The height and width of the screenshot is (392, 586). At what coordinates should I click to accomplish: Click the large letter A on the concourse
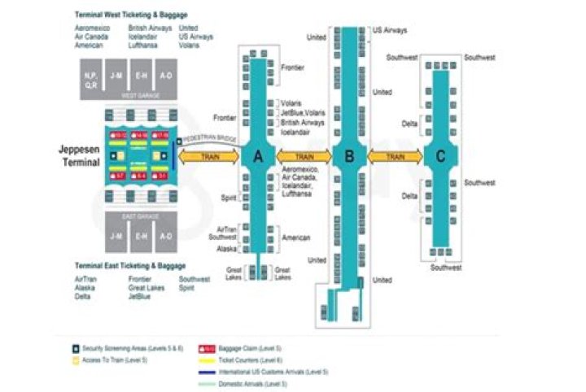(x=258, y=158)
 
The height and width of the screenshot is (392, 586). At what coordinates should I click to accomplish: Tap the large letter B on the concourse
(x=349, y=158)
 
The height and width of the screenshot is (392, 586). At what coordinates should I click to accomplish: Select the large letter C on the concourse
(x=440, y=158)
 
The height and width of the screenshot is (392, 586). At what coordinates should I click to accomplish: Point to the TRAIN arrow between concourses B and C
(x=397, y=156)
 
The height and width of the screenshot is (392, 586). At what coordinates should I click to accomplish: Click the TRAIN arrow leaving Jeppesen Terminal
(x=210, y=157)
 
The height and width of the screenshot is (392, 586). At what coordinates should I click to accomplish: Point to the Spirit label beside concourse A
(x=229, y=198)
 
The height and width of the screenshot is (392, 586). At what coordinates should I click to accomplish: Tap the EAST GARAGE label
(x=141, y=216)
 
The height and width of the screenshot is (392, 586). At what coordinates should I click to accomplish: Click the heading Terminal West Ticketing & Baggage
(x=130, y=15)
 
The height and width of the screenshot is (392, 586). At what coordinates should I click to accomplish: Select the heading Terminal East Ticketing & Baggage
(x=129, y=266)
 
